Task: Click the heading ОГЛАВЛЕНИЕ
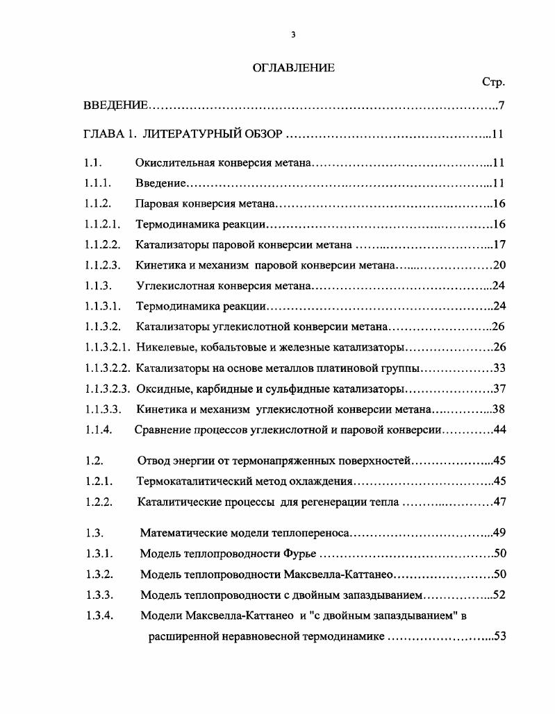point(292,67)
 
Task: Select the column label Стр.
point(493,82)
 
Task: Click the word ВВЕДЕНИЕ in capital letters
point(115,105)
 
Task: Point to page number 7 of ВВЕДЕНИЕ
point(501,105)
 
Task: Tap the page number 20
point(499,264)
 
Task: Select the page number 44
point(499,430)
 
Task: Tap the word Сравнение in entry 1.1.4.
point(162,430)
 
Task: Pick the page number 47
point(499,502)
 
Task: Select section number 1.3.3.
point(99,595)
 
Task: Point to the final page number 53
point(499,636)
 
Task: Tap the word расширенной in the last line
point(182,636)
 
